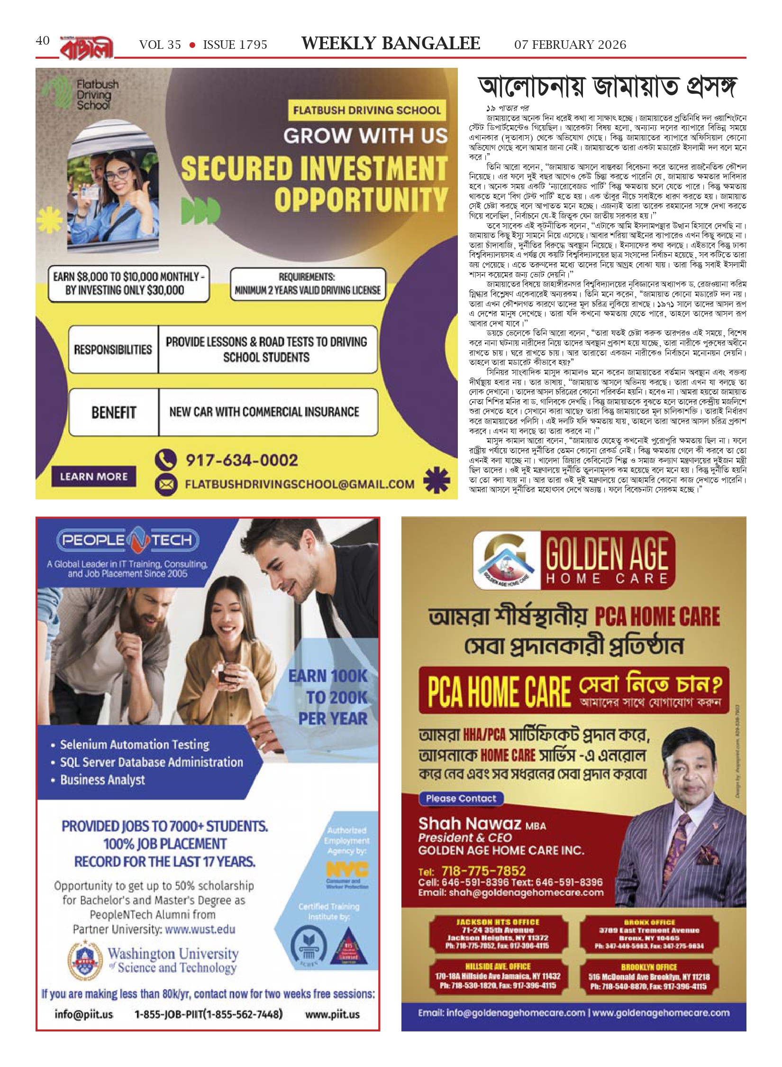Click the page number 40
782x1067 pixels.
[x=43, y=41]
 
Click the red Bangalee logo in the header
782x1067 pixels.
[x=87, y=48]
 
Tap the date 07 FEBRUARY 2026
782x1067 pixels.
[x=570, y=45]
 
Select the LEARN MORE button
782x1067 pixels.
[x=94, y=477]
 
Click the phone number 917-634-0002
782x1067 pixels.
[x=242, y=460]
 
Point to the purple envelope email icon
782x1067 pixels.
[x=166, y=485]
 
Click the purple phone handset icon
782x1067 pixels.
[x=166, y=460]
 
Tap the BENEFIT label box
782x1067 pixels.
[x=114, y=412]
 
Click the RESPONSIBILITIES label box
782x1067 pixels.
[x=113, y=350]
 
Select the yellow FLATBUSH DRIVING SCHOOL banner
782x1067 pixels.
[x=366, y=110]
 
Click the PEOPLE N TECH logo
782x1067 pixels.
[x=128, y=540]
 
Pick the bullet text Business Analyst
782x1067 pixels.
[x=102, y=780]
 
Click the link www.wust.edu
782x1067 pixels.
[x=200, y=929]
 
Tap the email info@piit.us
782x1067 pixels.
[x=84, y=1014]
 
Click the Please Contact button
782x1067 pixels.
[x=461, y=799]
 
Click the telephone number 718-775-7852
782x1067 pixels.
[x=483, y=871]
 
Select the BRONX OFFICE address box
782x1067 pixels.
[x=649, y=934]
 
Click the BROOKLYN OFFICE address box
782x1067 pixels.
[x=649, y=977]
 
